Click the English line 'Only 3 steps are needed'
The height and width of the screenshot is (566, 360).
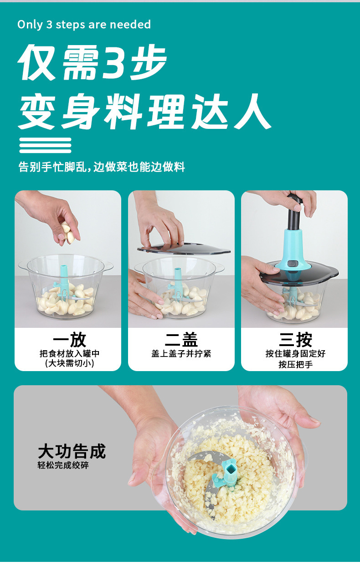[x=84, y=25]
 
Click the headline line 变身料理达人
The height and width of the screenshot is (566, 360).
[x=144, y=111]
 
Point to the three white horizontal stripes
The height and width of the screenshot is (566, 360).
[x=45, y=145]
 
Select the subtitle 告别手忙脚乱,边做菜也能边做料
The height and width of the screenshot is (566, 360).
[x=102, y=167]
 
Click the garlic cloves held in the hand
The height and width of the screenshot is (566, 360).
[x=68, y=233]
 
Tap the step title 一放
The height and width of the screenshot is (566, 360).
[x=69, y=340]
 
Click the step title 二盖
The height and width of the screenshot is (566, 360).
[x=181, y=340]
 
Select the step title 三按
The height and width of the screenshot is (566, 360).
[x=295, y=340]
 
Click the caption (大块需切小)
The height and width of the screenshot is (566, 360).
[x=69, y=364]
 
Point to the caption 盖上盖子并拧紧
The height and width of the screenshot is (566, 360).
[x=181, y=353]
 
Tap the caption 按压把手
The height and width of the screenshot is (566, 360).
[x=295, y=365]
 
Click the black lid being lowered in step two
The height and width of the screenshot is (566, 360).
[x=184, y=249]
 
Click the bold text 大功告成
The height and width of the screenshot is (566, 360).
[x=72, y=452]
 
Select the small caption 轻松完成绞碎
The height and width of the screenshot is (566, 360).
[x=63, y=465]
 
